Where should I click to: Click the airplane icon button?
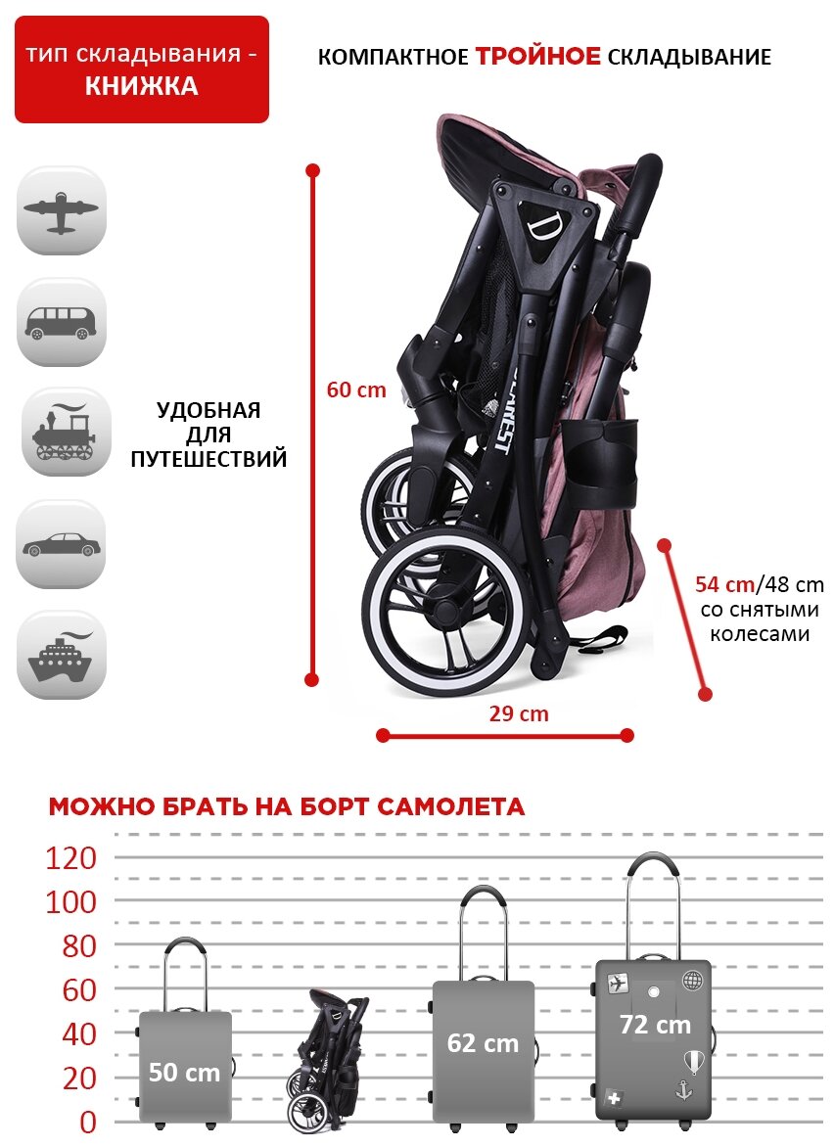tap(61, 211)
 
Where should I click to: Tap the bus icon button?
tap(61, 322)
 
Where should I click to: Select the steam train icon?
tap(61, 432)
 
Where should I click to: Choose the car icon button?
tap(61, 544)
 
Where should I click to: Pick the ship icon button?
tap(61, 656)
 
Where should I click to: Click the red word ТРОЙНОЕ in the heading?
tap(538, 57)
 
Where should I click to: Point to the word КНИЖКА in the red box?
tap(141, 86)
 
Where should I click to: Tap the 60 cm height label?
tap(356, 390)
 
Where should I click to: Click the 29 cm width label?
tap(519, 713)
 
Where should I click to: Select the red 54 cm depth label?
tap(724, 585)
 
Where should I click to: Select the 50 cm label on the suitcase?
tap(184, 1072)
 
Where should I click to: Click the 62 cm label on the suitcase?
tap(483, 1043)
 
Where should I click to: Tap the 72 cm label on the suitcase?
tap(655, 1025)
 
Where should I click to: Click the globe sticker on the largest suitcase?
tap(693, 980)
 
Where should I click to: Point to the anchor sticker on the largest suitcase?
tap(684, 1088)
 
